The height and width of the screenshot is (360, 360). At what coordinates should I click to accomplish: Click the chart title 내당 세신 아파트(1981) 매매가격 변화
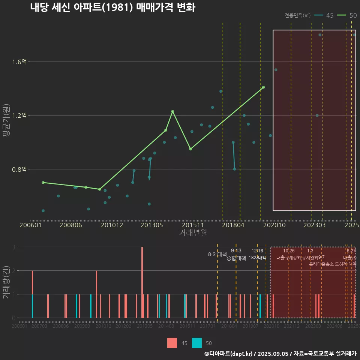112,7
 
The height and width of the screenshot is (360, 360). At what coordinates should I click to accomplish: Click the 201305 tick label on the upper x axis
151,225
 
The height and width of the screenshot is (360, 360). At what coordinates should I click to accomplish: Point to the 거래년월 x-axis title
193,233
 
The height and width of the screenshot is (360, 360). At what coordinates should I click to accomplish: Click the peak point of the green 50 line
172,111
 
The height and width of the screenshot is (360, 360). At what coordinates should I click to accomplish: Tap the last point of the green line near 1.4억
264,87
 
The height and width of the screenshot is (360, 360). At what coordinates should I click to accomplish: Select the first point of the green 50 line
43,183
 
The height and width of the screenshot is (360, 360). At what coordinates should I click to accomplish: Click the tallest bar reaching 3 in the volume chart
142,282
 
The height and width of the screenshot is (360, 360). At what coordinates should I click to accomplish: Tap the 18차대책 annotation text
257,258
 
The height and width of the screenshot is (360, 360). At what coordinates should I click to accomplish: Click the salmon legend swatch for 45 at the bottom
172,343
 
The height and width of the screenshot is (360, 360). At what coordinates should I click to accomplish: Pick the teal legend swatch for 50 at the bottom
197,343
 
